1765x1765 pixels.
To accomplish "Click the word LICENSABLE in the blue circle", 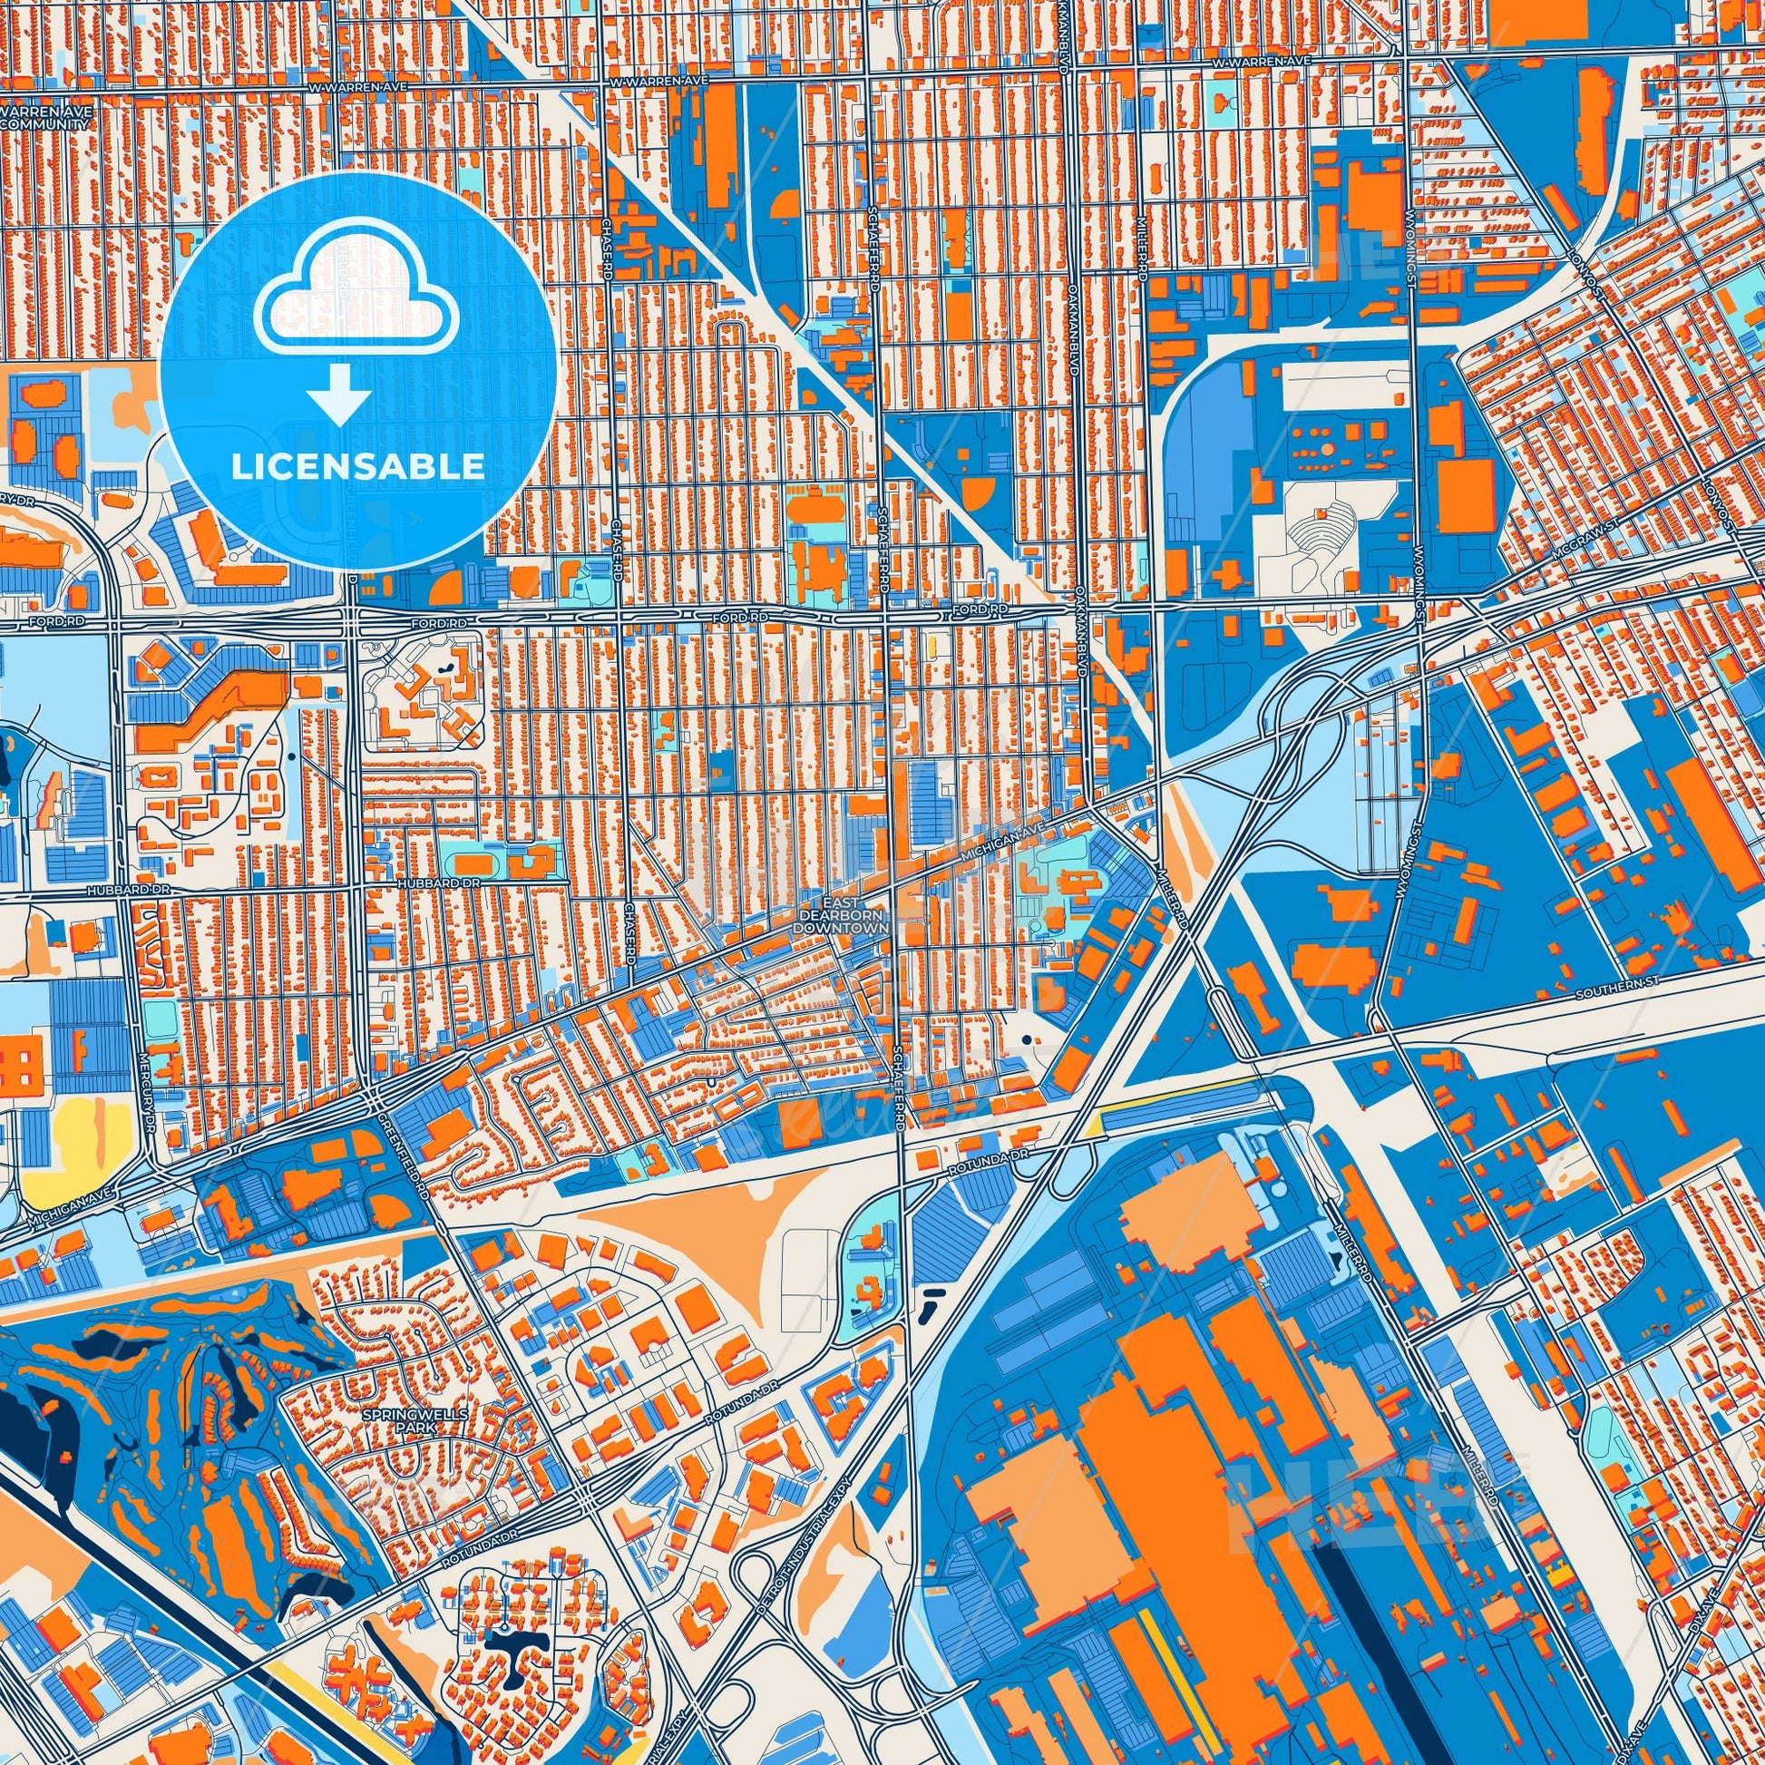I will tap(357, 467).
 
